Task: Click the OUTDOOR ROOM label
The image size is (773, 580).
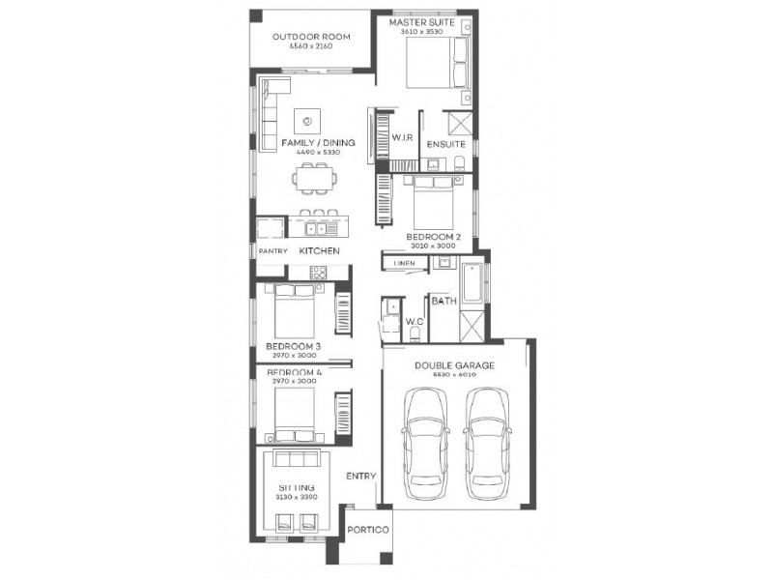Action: coord(310,37)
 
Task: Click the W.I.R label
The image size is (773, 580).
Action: coord(402,139)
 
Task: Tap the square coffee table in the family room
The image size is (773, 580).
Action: coord(308,121)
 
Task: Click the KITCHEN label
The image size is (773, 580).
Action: coord(319,251)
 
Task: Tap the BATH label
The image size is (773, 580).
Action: coord(444,302)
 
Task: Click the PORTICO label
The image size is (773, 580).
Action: coord(369,531)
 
